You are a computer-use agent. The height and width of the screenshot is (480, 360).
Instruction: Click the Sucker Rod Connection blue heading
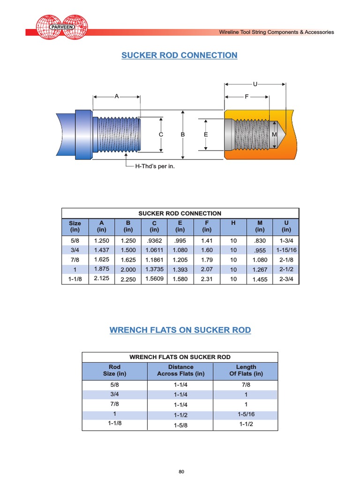(180, 55)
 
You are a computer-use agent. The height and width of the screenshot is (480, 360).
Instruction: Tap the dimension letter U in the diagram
(255, 84)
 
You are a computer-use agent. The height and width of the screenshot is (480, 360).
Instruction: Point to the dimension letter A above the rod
(117, 96)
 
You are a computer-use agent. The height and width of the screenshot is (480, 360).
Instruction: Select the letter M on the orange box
(274, 135)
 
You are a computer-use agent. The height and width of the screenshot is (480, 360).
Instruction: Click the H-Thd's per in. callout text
(155, 166)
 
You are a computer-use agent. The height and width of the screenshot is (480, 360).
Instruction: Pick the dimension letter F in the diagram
(247, 97)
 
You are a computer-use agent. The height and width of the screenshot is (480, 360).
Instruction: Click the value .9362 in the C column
(154, 240)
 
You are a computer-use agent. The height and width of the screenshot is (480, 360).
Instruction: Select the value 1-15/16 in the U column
(286, 250)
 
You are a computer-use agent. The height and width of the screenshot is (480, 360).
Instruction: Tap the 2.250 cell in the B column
(128, 280)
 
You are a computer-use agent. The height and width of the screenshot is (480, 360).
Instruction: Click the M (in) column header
(260, 226)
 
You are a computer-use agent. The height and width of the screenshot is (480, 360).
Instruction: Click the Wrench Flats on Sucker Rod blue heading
(180, 330)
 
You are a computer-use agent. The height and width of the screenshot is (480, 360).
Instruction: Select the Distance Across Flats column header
(181, 370)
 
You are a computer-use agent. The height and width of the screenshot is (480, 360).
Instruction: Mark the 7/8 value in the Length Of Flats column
(246, 384)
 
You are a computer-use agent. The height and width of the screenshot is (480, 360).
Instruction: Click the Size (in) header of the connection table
(75, 226)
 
